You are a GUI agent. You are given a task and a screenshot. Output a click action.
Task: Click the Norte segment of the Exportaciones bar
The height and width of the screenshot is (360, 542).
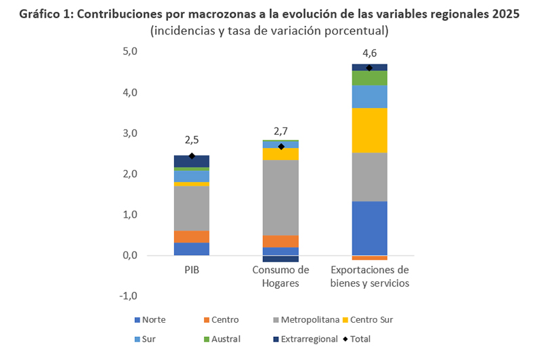pos(369,228)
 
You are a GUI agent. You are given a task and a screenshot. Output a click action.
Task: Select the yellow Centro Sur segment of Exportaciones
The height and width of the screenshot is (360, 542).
pos(369,130)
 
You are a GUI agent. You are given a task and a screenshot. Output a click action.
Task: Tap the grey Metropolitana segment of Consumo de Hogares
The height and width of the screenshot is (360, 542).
pos(280,197)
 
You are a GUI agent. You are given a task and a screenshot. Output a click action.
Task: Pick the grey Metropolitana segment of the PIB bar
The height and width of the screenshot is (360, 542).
pos(192,208)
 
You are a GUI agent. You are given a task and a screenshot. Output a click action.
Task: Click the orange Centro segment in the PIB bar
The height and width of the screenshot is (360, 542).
pos(192,237)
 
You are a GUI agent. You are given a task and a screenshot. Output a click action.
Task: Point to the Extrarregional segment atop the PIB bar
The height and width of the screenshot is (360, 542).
pos(192,161)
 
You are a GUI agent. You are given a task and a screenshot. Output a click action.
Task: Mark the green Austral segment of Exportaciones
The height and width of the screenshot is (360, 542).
pos(369,77)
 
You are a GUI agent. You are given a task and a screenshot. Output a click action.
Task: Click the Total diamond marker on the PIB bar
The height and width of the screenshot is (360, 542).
pos(192,156)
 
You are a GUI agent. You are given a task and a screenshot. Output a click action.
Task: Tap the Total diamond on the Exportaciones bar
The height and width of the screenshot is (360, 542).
pos(369,68)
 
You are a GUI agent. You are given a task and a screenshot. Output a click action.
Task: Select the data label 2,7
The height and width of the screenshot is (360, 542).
pos(280,130)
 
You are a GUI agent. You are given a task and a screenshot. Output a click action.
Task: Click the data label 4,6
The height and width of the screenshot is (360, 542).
pos(369,52)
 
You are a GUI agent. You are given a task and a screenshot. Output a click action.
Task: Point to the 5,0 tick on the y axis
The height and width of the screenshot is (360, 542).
pos(129,52)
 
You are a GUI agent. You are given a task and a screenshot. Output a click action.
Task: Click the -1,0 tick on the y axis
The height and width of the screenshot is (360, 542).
pos(128,296)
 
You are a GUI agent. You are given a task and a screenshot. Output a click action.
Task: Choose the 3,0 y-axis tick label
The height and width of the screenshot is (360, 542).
pos(129,133)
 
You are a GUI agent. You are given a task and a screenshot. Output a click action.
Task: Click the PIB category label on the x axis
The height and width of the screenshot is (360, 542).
pos(192,270)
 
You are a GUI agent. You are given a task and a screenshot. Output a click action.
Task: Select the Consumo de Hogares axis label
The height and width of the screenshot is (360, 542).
pos(280,276)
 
